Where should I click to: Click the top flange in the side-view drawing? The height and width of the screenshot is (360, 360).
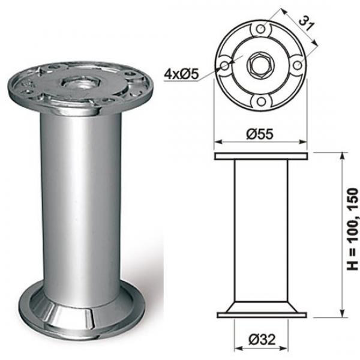pyautogui.click(x=262, y=157)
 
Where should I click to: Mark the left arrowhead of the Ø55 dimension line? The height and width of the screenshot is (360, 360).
pyautogui.click(x=217, y=143)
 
